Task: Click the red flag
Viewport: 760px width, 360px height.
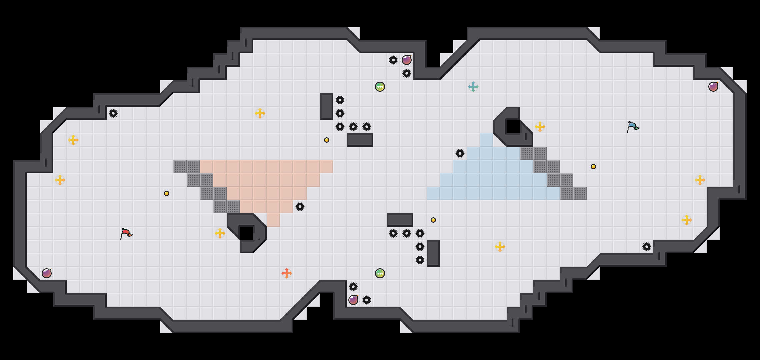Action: [x=126, y=233]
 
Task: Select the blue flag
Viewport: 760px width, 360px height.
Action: [x=632, y=127]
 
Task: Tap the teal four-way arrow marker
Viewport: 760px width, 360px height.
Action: [x=473, y=87]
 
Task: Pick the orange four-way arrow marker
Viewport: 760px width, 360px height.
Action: [x=287, y=273]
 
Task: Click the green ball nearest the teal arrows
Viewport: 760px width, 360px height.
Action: [x=380, y=87]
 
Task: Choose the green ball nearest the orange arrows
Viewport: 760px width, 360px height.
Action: [x=380, y=273]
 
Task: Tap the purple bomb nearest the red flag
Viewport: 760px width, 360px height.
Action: [x=47, y=273]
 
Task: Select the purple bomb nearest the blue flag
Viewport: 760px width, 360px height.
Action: [x=713, y=87]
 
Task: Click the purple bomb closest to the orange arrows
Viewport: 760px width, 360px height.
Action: [x=353, y=300]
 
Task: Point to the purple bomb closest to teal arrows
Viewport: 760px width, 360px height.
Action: [x=407, y=60]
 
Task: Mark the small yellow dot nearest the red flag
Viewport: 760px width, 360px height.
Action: [x=167, y=193]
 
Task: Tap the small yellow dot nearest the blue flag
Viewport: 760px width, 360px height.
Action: [x=593, y=167]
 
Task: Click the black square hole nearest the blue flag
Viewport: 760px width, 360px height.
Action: [x=513, y=127]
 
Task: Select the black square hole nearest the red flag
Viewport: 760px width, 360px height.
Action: [x=247, y=233]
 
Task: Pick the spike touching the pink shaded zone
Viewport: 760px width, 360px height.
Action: [x=300, y=207]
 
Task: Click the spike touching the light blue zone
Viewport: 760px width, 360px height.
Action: [x=460, y=153]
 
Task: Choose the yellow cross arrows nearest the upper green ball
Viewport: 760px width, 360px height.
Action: [x=260, y=113]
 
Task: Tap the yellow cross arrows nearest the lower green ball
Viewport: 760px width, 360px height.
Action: [x=500, y=247]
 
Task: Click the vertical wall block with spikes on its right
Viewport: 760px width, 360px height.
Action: [x=327, y=107]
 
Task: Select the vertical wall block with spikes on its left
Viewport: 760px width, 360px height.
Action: [x=433, y=253]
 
